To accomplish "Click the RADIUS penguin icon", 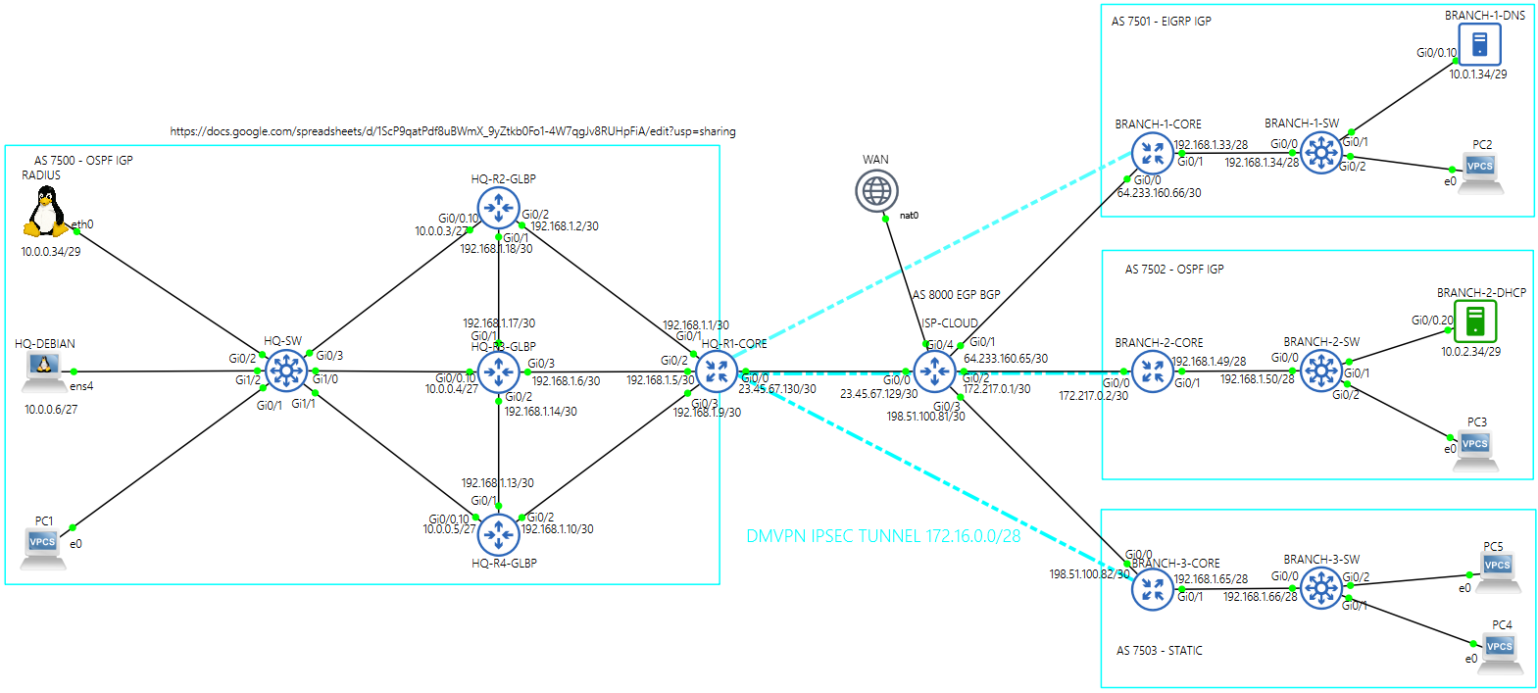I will [x=45, y=212].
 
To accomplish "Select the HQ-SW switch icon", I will [x=285, y=371].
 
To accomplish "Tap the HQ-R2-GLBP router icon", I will [x=499, y=208].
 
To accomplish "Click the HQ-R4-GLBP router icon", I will [x=499, y=534].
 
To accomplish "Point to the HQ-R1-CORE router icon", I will [x=717, y=371].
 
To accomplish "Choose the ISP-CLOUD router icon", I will [x=934, y=371].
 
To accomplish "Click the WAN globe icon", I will [x=876, y=190].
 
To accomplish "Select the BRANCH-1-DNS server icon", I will [x=1479, y=44].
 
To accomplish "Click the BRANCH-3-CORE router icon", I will [x=1153, y=589].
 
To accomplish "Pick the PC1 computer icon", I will [x=43, y=546].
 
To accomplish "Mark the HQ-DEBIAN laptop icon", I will [x=43, y=370].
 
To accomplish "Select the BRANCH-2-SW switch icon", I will [x=1321, y=371].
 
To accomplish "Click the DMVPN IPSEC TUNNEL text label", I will [x=882, y=536].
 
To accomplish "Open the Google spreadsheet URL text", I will [x=452, y=131].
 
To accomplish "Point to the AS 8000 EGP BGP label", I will [x=956, y=294].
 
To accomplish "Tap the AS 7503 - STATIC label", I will [x=1159, y=650].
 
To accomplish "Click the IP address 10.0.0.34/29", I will [x=51, y=252].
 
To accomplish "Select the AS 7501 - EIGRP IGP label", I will [x=1161, y=21].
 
